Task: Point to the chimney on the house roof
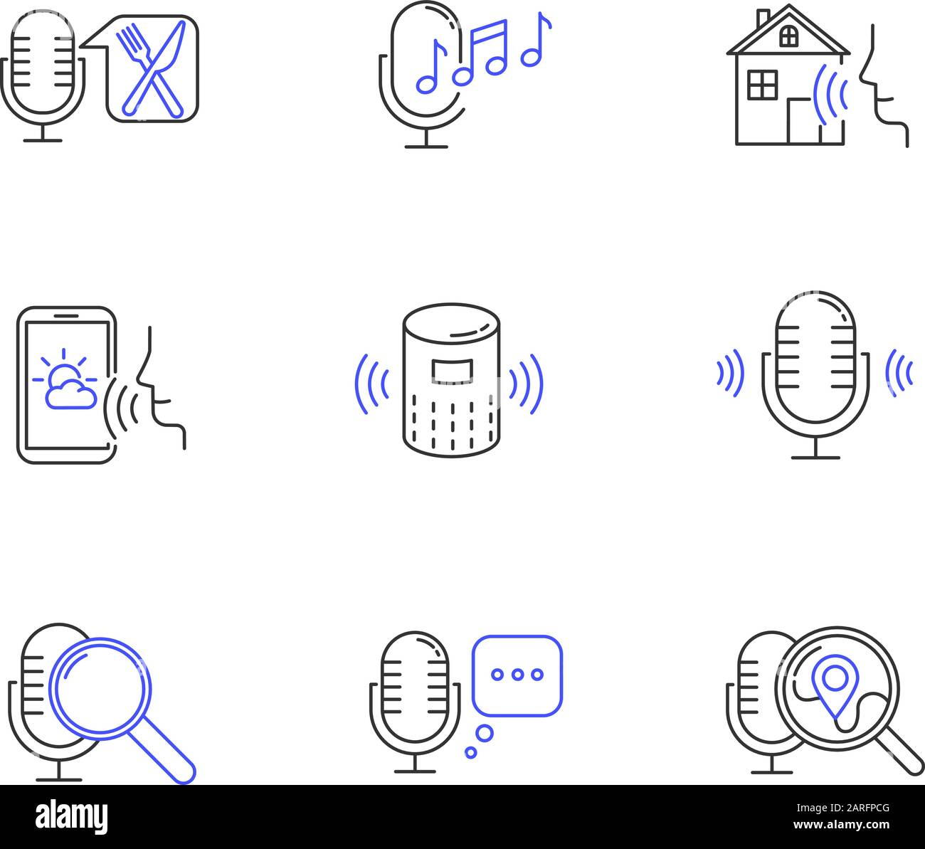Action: (762, 18)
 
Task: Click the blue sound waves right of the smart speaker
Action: (527, 384)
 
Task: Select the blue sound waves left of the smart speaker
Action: (371, 384)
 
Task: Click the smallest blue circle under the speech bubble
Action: (470, 752)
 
